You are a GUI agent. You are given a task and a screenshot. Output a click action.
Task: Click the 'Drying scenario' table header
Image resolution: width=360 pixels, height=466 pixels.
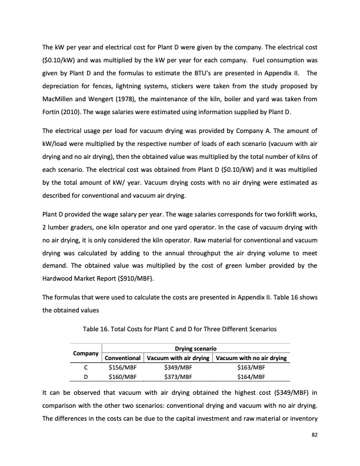[196, 348]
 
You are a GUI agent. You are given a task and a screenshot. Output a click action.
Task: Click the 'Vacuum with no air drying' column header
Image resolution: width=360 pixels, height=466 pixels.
[252, 358]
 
